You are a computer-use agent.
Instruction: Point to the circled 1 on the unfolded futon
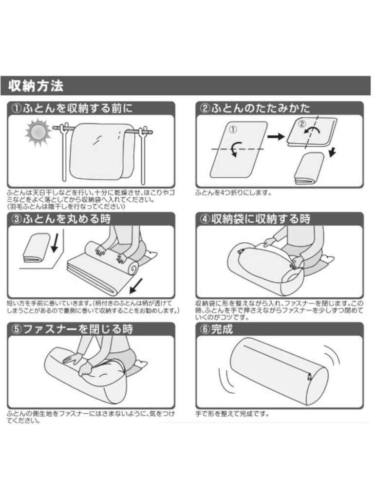click(x=232, y=130)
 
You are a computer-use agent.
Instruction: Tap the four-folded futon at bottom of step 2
click(x=309, y=168)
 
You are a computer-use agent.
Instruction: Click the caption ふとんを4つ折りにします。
click(x=233, y=193)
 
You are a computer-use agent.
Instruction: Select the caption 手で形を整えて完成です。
click(x=232, y=414)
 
